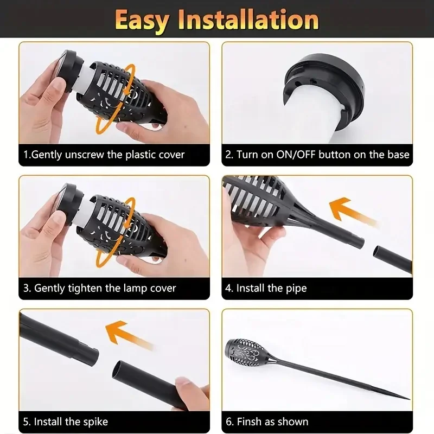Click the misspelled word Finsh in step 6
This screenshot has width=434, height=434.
[252, 422]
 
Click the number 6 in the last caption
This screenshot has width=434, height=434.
[228, 422]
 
